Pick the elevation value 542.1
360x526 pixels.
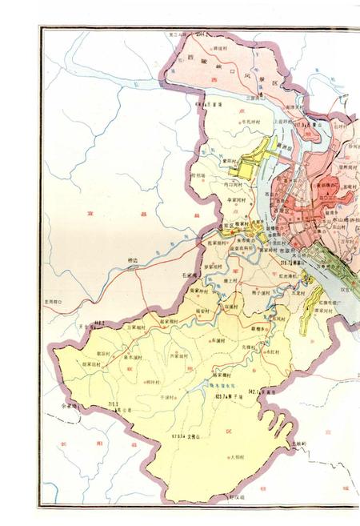[255, 391]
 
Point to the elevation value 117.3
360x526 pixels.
[302, 125]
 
